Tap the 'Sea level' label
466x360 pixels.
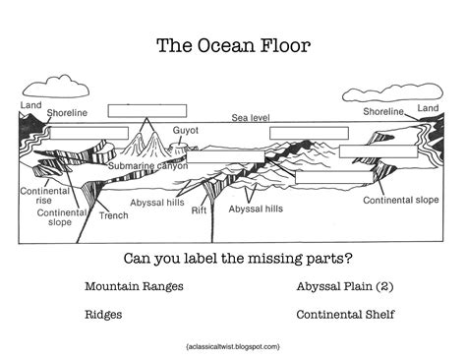click(x=250, y=117)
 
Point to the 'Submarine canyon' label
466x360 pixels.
click(x=146, y=166)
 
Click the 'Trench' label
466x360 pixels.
click(x=114, y=214)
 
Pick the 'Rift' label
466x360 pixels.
click(x=199, y=210)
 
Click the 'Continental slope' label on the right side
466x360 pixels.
click(x=400, y=200)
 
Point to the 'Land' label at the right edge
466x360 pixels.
click(x=428, y=107)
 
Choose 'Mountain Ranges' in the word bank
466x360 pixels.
click(x=134, y=287)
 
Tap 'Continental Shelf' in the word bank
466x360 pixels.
click(x=344, y=315)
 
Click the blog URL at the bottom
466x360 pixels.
click(x=232, y=346)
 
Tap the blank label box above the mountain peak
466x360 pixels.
click(x=140, y=109)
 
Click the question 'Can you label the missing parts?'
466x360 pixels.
click(x=233, y=260)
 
